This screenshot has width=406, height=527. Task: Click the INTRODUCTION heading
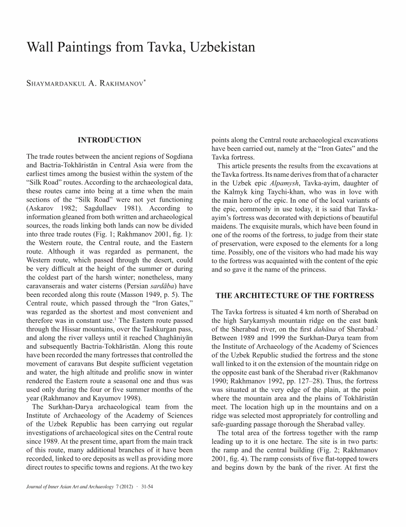pos(110,140)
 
